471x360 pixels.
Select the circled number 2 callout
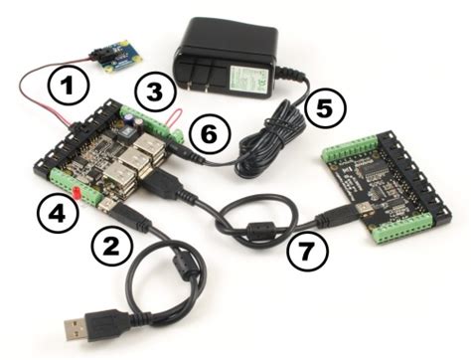(110, 241)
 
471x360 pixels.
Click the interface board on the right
(383, 189)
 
